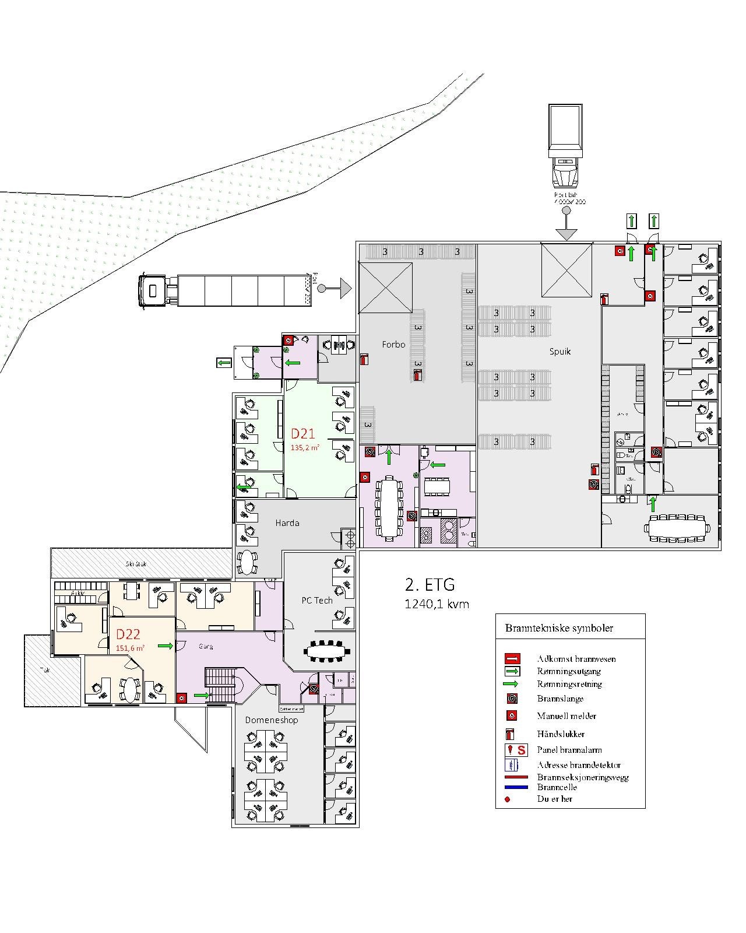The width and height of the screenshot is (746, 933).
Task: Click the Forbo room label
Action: tap(393, 345)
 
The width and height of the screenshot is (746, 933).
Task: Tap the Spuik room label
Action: tap(559, 352)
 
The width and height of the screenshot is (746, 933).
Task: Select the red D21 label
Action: tap(303, 433)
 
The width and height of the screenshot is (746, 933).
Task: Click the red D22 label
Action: tap(128, 634)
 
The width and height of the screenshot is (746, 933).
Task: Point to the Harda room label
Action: tap(287, 523)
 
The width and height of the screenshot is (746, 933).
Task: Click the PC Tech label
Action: tap(317, 601)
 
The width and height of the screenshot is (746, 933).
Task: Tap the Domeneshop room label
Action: tap(271, 720)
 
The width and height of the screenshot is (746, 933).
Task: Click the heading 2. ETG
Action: tap(430, 584)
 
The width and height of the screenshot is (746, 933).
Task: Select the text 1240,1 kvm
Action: tap(437, 605)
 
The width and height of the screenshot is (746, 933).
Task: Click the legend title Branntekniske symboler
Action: tap(558, 628)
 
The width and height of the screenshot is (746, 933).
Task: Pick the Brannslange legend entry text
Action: tap(559, 699)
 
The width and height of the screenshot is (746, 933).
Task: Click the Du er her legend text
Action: tap(554, 799)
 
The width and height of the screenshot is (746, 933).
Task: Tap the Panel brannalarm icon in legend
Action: tap(516, 750)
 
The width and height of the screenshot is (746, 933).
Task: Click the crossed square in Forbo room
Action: tap(385, 287)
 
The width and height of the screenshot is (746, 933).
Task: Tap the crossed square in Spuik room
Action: tap(566, 271)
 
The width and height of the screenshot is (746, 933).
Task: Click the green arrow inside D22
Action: tap(166, 646)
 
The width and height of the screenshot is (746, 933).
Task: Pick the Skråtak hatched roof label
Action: tap(136, 564)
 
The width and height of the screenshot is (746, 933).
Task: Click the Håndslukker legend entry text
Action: tap(561, 734)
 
